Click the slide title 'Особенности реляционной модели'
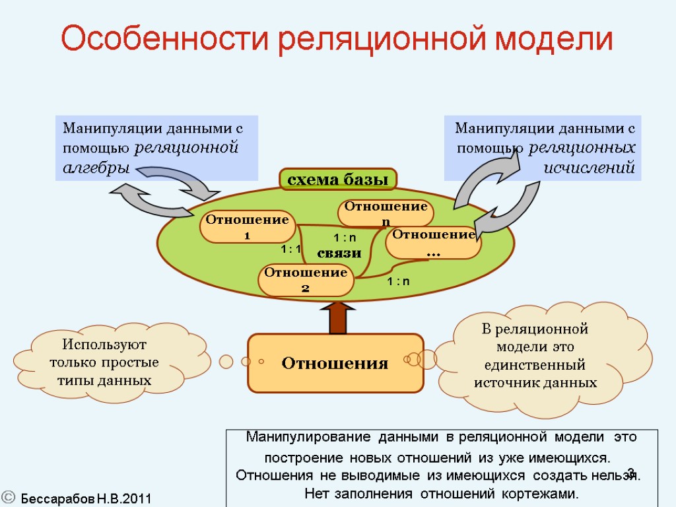point(337,40)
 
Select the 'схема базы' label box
point(338,179)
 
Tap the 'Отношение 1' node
point(248,228)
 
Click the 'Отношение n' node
point(386,213)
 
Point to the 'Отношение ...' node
point(434,243)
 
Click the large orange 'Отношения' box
point(335,363)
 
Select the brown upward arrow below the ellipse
point(337,318)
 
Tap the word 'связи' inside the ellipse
point(339,253)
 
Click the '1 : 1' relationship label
point(291,249)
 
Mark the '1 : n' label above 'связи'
point(344,237)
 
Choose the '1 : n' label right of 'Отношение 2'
point(398,281)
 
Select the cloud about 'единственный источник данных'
point(536,356)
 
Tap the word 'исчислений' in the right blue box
point(589,167)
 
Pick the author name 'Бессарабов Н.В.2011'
point(86,498)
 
